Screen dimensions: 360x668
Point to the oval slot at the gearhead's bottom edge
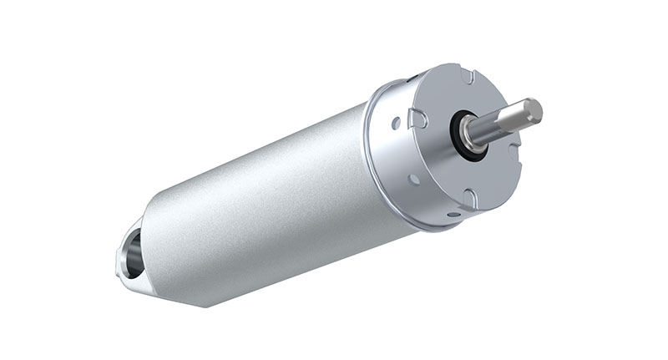[452, 214]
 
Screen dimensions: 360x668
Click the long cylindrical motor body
[267, 200]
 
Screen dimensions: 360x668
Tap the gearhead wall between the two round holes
[402, 150]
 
